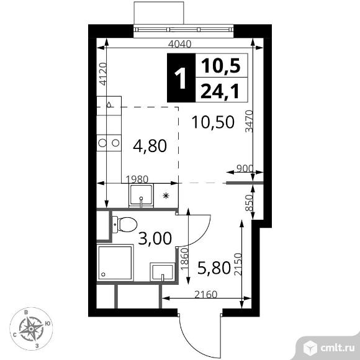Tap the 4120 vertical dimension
pyautogui.click(x=103, y=74)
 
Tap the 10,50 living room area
pyautogui.click(x=212, y=122)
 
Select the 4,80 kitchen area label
pyautogui.click(x=150, y=146)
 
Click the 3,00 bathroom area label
pyautogui.click(x=154, y=238)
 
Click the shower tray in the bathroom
pyautogui.click(x=115, y=263)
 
